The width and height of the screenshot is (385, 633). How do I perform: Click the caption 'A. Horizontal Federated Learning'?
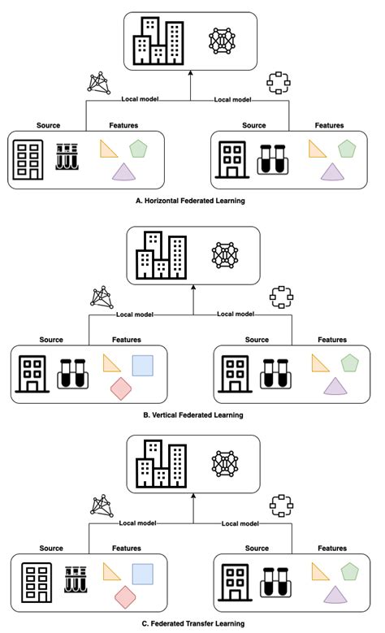[x=192, y=199]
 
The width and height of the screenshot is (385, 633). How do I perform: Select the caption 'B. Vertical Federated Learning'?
[x=192, y=414]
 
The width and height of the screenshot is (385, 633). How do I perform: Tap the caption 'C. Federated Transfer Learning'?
[x=192, y=623]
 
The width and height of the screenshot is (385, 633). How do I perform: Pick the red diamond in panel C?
[x=124, y=597]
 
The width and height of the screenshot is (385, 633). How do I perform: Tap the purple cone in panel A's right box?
[x=331, y=171]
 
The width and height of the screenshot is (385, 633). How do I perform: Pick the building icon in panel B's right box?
[x=236, y=373]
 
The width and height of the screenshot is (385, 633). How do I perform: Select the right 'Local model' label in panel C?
[x=240, y=523]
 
